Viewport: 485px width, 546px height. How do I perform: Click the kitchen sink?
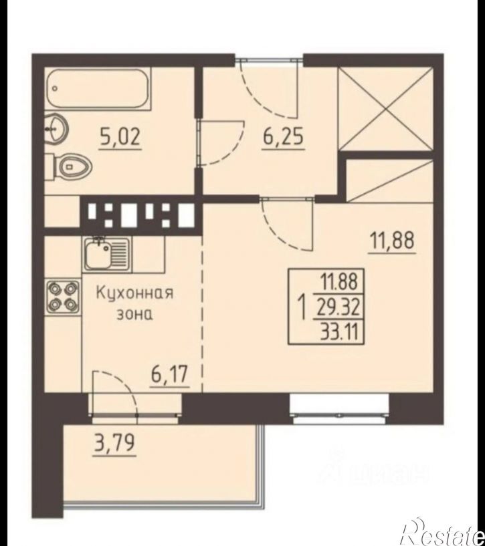click(106, 254)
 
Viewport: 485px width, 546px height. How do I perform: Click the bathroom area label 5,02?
click(120, 138)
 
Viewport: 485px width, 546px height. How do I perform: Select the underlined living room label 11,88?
click(392, 241)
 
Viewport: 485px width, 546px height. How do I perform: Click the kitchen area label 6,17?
click(170, 375)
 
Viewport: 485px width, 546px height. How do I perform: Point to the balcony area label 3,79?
click(114, 443)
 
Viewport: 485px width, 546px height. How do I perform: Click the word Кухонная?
click(134, 293)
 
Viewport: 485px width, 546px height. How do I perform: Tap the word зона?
click(134, 315)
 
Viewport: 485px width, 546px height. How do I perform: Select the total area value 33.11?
click(340, 332)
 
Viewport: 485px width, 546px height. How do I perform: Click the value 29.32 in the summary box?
click(338, 308)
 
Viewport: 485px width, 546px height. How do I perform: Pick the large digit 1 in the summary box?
click(302, 307)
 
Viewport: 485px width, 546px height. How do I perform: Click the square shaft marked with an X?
click(386, 110)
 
